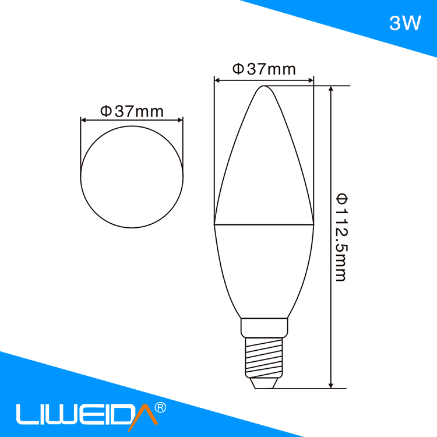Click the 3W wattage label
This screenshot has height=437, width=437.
pyautogui.click(x=404, y=24)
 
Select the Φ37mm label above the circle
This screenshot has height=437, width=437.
pyautogui.click(x=132, y=111)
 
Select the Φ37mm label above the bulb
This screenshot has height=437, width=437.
pyautogui.click(x=264, y=69)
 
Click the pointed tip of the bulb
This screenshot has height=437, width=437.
pyautogui.click(x=264, y=87)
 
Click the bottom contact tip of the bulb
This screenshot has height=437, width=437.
pyautogui.click(x=264, y=384)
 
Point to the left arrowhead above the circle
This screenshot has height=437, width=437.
pyautogui.click(x=83, y=121)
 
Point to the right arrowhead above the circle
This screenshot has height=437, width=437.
pyautogui.click(x=181, y=121)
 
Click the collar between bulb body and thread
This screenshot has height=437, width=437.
pyautogui.click(x=264, y=327)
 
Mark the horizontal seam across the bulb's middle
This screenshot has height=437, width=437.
pyautogui.click(x=264, y=224)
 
